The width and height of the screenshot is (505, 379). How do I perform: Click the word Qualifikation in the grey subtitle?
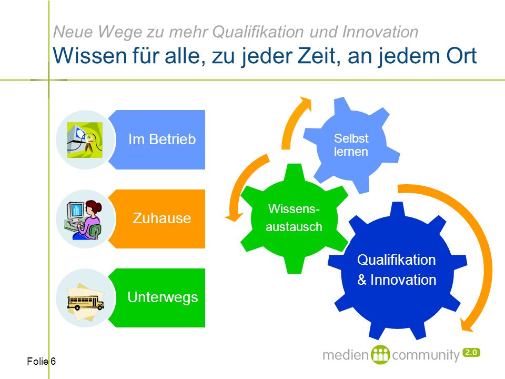pos(258,33)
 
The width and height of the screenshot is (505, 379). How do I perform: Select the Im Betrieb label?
pos(162,139)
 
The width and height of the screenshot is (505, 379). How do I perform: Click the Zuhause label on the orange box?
pos(162,218)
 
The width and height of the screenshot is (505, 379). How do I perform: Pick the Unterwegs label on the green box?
pos(163,297)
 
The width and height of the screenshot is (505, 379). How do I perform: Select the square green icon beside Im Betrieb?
pos(85,140)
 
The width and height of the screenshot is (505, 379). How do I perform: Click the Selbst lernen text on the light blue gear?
pos(351,145)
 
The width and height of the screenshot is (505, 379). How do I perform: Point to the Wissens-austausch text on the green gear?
pos(294,218)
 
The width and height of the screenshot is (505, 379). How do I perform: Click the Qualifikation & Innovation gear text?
pos(397,270)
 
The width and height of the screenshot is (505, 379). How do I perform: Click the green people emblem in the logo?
pos(380,355)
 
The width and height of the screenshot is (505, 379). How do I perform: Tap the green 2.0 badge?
pos(471,353)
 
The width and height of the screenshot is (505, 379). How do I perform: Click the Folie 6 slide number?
pos(41,361)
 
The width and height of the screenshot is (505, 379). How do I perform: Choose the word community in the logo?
pos(426,355)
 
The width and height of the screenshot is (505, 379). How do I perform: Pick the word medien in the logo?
pos(346,355)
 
